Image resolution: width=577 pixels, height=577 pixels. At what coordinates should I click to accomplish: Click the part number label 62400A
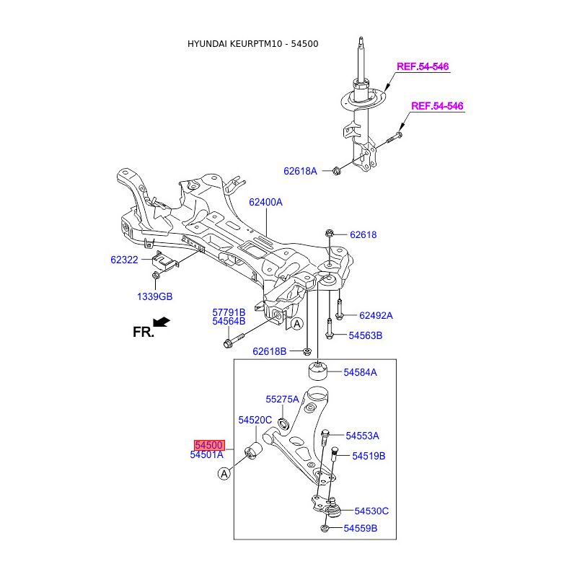coord(265,203)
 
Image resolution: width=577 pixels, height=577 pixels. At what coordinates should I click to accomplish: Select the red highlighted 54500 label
coord(208,445)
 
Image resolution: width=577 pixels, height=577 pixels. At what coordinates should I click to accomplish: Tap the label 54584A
coord(360,372)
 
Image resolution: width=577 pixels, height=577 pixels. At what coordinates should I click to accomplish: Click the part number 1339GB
coord(155,296)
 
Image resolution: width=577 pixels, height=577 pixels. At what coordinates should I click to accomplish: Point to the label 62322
coord(124,260)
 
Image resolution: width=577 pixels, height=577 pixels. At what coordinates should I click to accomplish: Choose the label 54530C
coord(371,511)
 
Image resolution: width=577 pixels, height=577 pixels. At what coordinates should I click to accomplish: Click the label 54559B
coord(360,529)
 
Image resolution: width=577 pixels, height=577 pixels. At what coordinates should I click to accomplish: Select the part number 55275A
coord(281,399)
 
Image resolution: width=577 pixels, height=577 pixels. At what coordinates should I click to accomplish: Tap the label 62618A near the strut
coord(300,172)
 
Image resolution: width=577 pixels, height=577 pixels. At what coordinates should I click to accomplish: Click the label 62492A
coord(375,315)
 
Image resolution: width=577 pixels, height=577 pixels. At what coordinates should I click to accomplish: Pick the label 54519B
coord(368,456)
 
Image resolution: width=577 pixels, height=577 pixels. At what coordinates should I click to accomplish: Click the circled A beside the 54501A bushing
coord(224,474)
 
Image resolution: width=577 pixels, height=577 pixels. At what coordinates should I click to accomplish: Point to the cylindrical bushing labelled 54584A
coord(318,371)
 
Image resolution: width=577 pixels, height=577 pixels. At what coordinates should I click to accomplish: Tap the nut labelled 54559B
coord(325,529)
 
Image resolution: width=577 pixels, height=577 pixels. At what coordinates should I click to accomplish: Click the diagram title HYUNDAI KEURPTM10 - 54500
coord(252,44)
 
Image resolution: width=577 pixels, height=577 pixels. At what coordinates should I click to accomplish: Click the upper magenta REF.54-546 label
coord(423,66)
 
